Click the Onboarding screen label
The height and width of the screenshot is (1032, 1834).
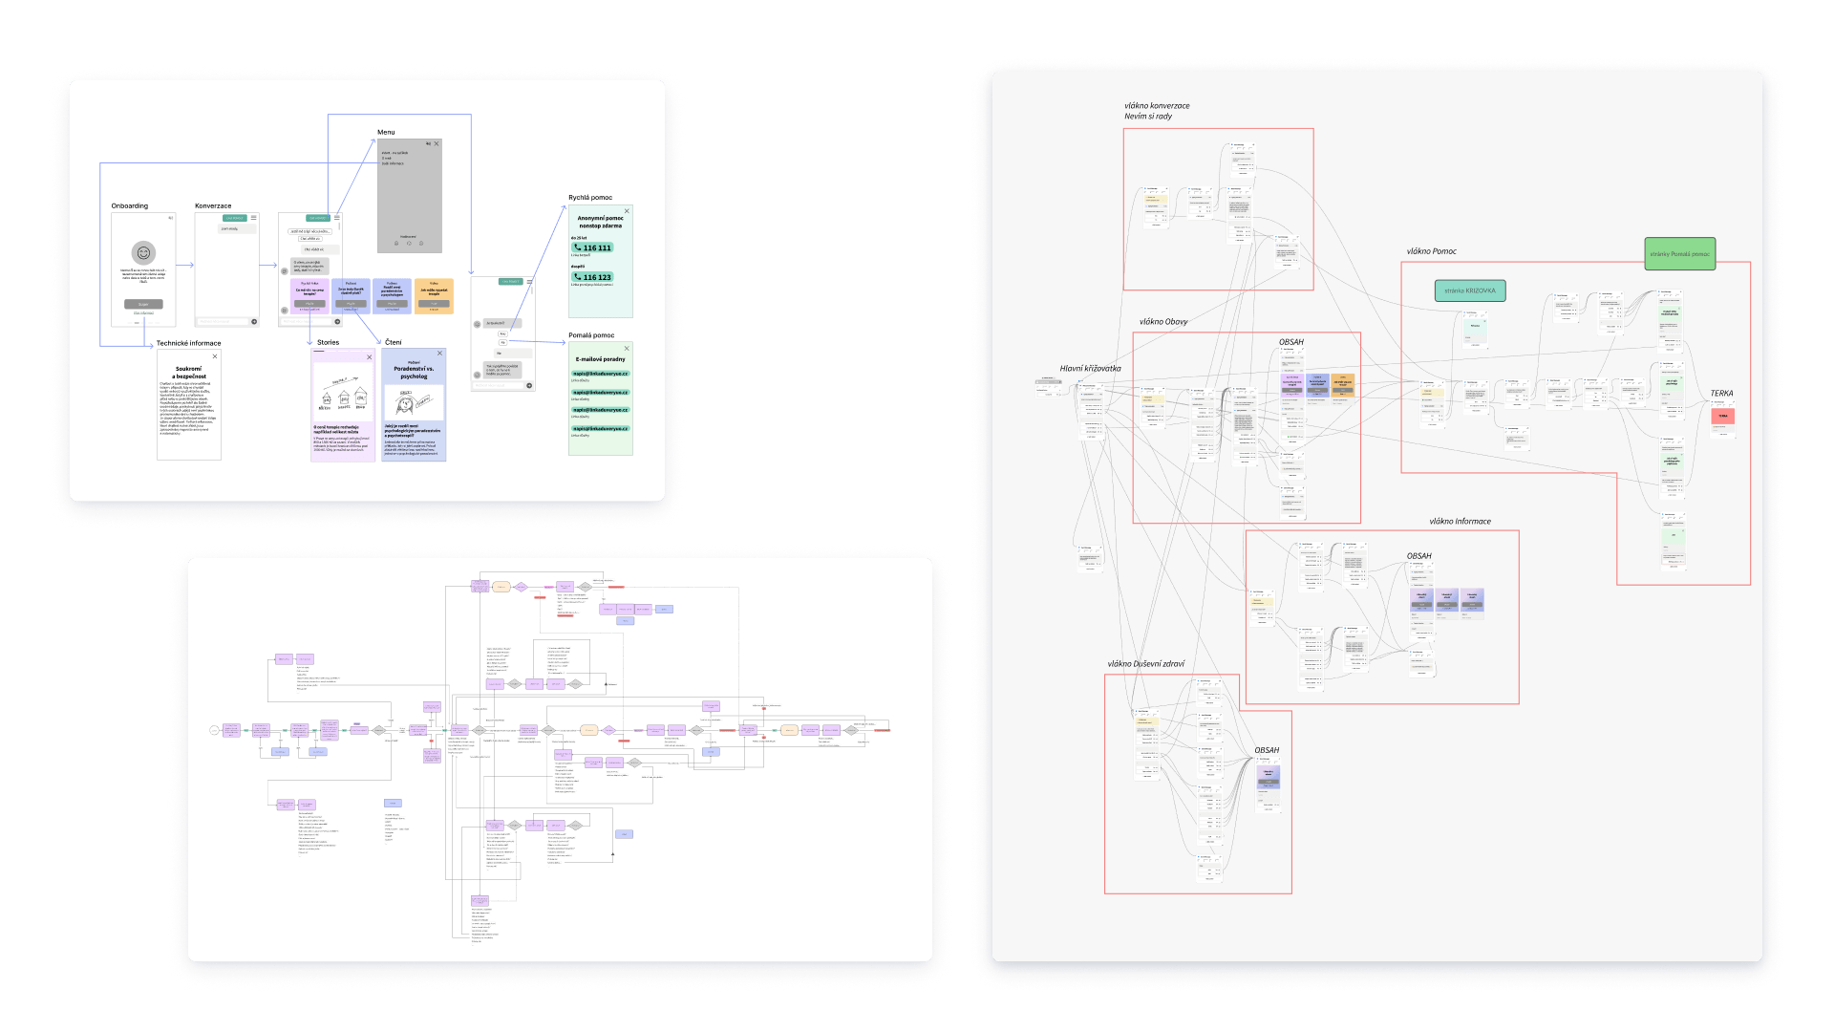click(129, 205)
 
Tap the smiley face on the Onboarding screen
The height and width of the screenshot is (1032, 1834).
click(143, 253)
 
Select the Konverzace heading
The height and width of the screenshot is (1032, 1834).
click(213, 205)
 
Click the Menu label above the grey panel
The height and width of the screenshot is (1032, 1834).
click(386, 132)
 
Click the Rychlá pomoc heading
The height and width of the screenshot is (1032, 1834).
click(590, 198)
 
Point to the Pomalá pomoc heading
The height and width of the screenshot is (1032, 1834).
click(591, 335)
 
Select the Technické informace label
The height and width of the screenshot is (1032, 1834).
click(188, 343)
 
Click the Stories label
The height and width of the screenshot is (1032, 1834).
click(328, 342)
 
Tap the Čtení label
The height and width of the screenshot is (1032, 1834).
click(394, 342)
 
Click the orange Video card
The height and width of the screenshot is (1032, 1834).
click(434, 296)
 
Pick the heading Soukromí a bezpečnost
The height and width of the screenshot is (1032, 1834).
click(189, 372)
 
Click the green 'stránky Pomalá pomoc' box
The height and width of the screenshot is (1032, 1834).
click(1679, 253)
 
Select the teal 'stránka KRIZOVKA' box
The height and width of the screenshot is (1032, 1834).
click(1470, 290)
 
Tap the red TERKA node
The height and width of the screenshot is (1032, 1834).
click(1722, 417)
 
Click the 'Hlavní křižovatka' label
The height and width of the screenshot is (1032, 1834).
click(1090, 368)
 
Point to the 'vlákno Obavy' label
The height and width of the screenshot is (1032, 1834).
click(1163, 321)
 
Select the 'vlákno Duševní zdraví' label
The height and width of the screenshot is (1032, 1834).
click(1145, 663)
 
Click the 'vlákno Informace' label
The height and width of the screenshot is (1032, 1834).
click(1460, 521)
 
